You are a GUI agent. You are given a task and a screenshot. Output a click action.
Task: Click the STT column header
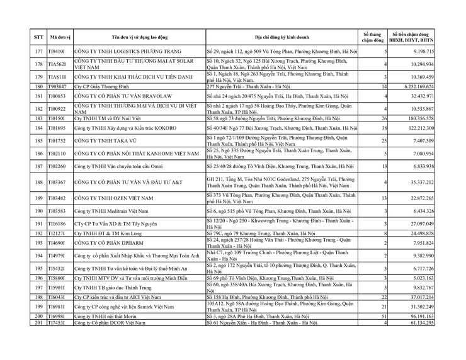tap(38, 37)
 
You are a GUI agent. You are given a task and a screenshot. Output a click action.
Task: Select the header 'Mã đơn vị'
tap(59, 37)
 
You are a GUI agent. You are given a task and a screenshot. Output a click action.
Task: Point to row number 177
tap(38, 51)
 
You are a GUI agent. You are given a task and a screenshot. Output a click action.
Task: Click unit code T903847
tap(57, 86)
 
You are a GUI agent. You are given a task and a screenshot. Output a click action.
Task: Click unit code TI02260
tap(57, 166)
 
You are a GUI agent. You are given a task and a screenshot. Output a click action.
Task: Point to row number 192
tap(38, 233)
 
